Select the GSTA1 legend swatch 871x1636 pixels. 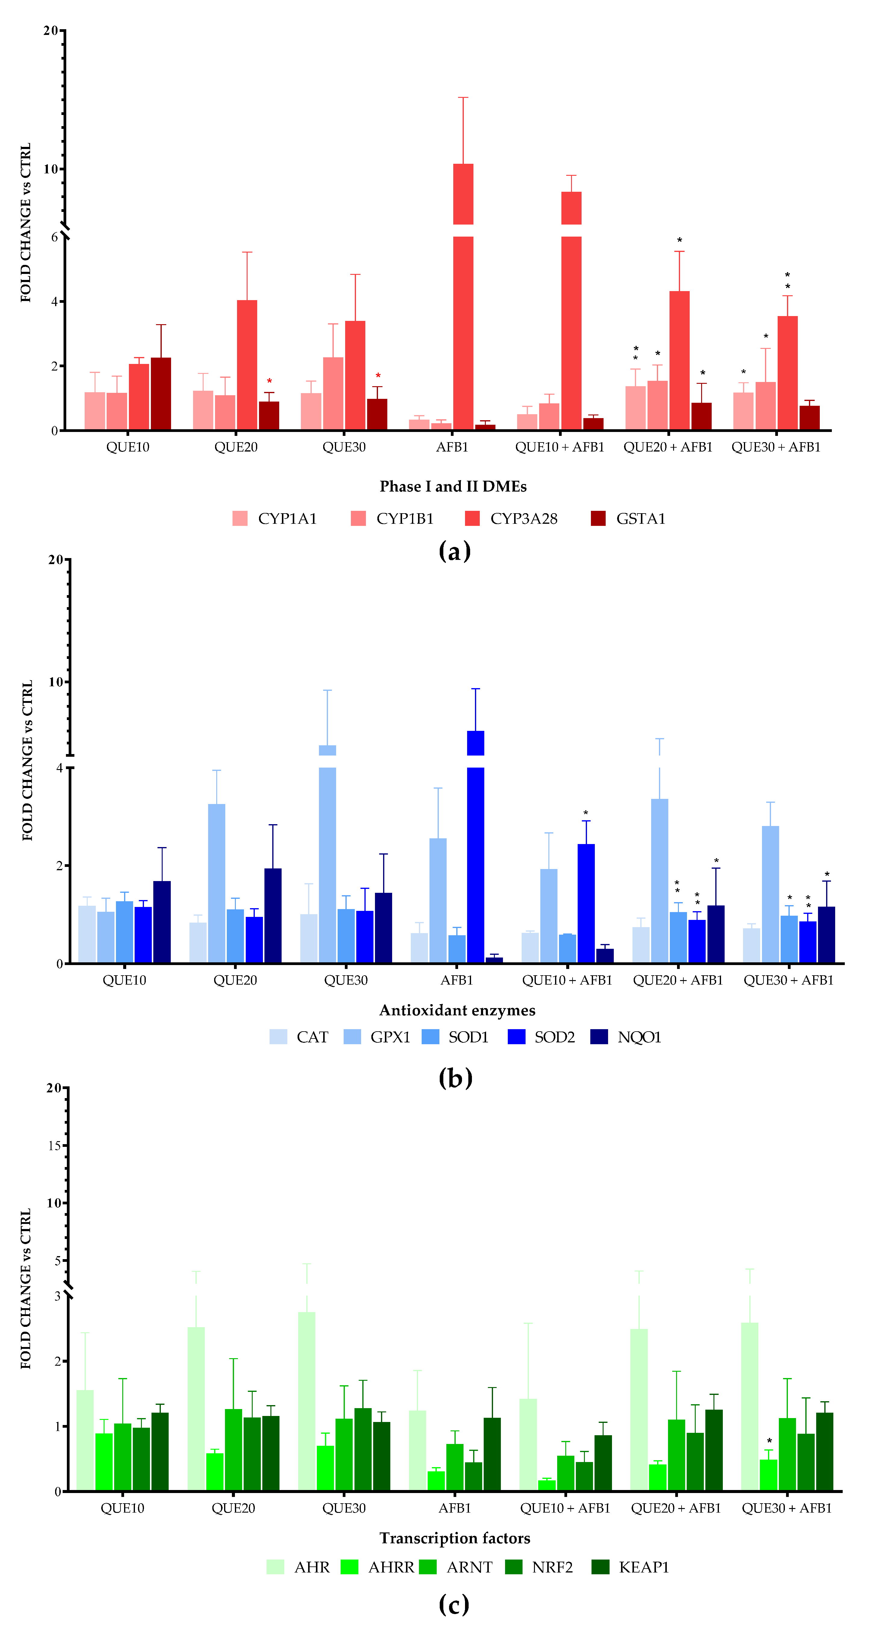click(598, 518)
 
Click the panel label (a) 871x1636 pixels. click(454, 551)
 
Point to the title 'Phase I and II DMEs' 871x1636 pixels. click(453, 486)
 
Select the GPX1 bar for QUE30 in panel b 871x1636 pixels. click(327, 857)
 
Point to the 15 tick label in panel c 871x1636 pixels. click(54, 1146)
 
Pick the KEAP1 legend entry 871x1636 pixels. click(631, 1567)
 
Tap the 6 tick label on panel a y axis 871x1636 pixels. click(55, 237)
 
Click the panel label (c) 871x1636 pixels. click(454, 1605)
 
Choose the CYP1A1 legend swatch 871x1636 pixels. click(240, 518)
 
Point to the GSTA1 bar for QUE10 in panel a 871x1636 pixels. click(161, 394)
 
